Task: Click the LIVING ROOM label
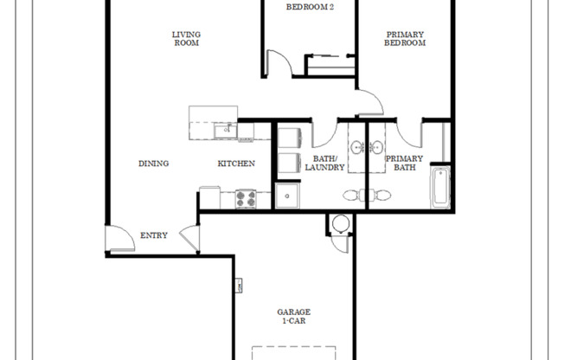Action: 187,38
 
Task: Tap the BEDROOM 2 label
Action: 310,7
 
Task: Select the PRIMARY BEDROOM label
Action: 404,38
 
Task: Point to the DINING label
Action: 153,164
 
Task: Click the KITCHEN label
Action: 235,164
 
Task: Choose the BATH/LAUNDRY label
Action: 325,163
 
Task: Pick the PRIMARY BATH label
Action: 404,163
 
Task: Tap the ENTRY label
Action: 154,235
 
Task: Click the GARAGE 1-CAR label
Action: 294,316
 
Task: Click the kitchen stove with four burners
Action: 247,198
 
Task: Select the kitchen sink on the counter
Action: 225,131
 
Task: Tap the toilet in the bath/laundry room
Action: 351,195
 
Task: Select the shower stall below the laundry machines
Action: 287,196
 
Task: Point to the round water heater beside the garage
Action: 340,225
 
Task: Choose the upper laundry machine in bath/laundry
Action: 287,138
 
